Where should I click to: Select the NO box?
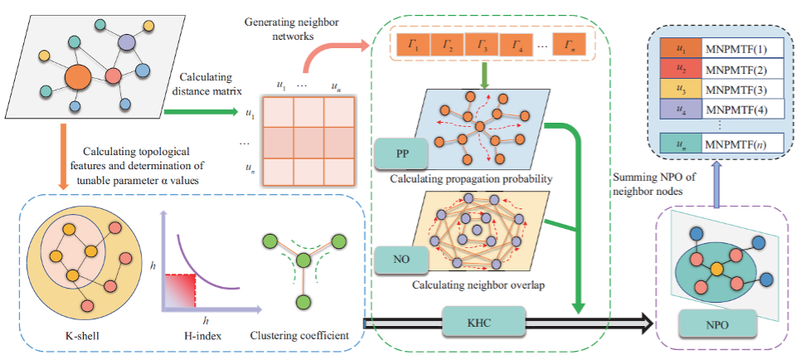coord(402,260)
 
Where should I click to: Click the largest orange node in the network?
coord(77,77)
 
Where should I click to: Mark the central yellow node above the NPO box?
coord(716,269)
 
